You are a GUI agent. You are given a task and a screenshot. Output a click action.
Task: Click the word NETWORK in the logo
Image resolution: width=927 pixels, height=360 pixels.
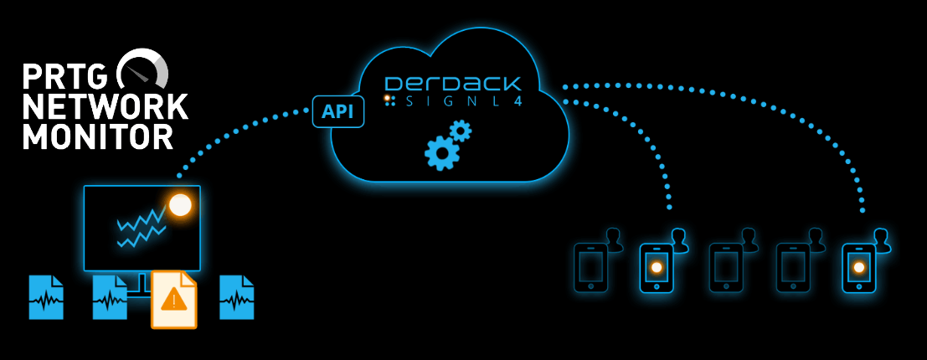pos(106,106)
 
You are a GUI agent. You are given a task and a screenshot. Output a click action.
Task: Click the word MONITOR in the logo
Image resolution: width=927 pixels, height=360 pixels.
pos(98,136)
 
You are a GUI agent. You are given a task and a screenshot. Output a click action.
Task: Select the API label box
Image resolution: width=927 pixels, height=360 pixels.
pos(338,111)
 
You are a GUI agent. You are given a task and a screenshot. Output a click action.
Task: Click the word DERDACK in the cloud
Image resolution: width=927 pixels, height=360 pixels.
pos(452,84)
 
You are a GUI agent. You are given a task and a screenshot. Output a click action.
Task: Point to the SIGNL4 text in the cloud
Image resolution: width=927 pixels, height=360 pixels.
pos(457,100)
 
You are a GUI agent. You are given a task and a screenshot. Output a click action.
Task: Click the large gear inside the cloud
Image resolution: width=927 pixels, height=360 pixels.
pos(441,153)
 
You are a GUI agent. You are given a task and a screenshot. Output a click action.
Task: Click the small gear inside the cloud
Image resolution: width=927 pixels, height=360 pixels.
pos(461,131)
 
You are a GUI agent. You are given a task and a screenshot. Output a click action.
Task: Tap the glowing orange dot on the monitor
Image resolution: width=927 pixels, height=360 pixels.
pos(180,204)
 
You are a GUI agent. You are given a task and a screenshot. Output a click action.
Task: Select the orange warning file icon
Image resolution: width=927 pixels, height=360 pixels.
pos(173,299)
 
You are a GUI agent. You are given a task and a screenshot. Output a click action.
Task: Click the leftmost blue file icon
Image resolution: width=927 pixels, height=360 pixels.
pos(46,297)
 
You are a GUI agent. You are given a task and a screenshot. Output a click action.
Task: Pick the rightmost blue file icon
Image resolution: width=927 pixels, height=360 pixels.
pos(237,297)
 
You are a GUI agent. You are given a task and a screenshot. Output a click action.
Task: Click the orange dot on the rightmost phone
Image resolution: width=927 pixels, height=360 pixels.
pos(858,268)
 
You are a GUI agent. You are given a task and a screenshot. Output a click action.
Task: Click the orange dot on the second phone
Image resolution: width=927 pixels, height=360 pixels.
pos(657,268)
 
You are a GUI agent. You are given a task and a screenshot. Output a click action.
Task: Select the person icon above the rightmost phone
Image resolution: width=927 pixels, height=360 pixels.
pos(881,240)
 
